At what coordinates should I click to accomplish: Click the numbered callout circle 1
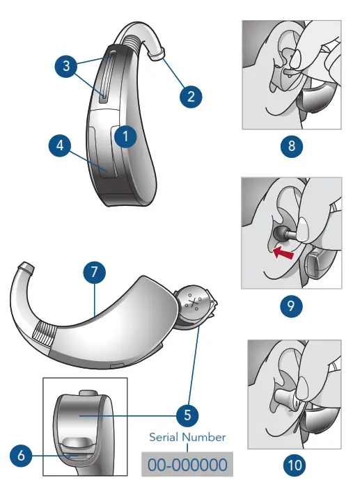(125, 137)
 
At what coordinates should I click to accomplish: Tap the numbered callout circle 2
(191, 96)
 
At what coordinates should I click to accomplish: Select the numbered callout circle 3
(65, 67)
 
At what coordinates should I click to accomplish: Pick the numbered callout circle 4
(61, 147)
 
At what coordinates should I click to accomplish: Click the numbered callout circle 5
(187, 415)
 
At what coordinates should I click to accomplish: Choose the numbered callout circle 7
(95, 273)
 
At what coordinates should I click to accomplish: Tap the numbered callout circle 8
(291, 148)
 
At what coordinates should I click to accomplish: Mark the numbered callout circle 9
(291, 305)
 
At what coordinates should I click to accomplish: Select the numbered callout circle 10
(295, 465)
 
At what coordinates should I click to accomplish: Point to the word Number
(205, 438)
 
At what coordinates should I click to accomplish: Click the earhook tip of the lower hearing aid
(24, 267)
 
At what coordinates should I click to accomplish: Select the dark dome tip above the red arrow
(280, 233)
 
